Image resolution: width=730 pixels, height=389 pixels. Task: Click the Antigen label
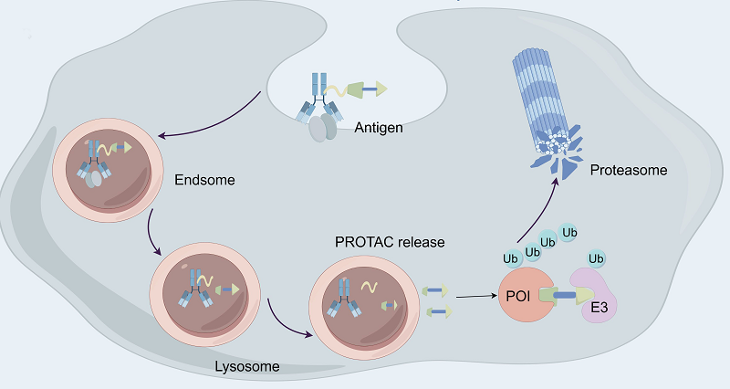point(378,128)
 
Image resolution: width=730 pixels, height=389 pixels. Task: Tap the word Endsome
point(204,180)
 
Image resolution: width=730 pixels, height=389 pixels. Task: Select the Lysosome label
point(252,366)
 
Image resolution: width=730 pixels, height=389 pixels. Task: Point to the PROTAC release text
point(391,243)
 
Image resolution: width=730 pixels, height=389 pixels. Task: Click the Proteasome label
point(629,170)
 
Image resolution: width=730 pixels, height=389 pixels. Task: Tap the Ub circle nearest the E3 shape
point(598,258)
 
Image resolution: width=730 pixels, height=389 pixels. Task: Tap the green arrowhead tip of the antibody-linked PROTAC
point(381,89)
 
